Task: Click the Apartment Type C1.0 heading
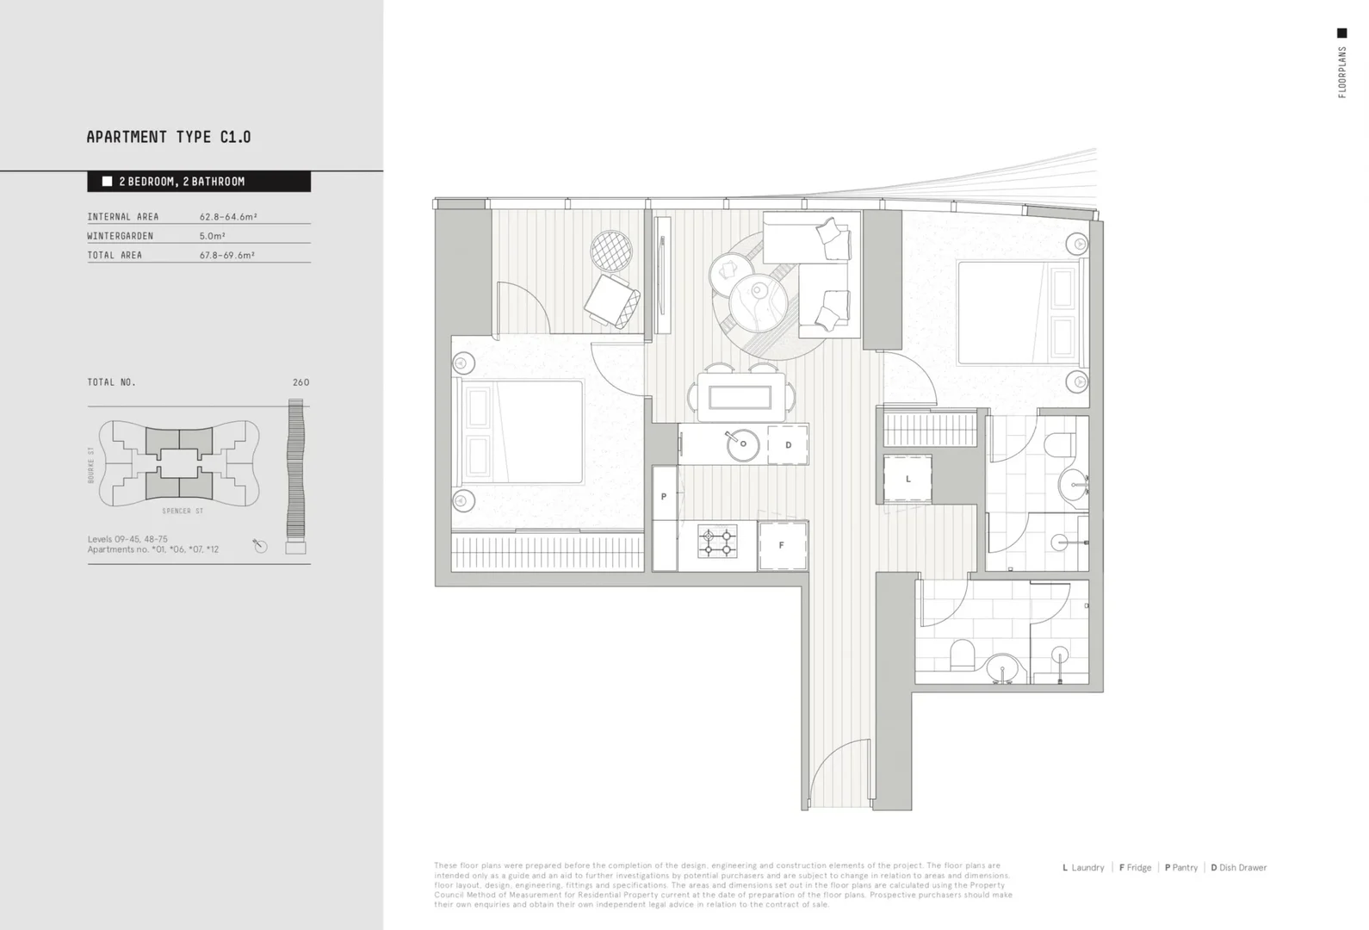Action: (x=169, y=137)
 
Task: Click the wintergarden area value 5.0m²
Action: (x=213, y=236)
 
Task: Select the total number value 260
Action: (x=300, y=382)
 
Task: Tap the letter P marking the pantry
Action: (x=664, y=497)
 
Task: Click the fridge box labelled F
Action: (x=782, y=545)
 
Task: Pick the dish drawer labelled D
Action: (x=788, y=445)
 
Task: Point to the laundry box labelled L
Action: (x=908, y=480)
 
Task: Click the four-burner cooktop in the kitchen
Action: (x=717, y=542)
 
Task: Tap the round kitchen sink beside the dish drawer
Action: (x=741, y=445)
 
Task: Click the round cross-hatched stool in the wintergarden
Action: (x=611, y=251)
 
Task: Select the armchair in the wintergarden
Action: (x=612, y=301)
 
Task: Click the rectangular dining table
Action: (x=740, y=397)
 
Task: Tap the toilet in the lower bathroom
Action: (x=962, y=654)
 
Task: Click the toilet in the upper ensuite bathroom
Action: (x=1058, y=444)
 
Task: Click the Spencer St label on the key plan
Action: (x=183, y=512)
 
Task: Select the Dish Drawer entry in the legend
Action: (x=1239, y=868)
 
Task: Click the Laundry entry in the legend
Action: (x=1084, y=868)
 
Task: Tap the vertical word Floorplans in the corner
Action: (x=1341, y=72)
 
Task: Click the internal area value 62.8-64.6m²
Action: (x=228, y=217)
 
